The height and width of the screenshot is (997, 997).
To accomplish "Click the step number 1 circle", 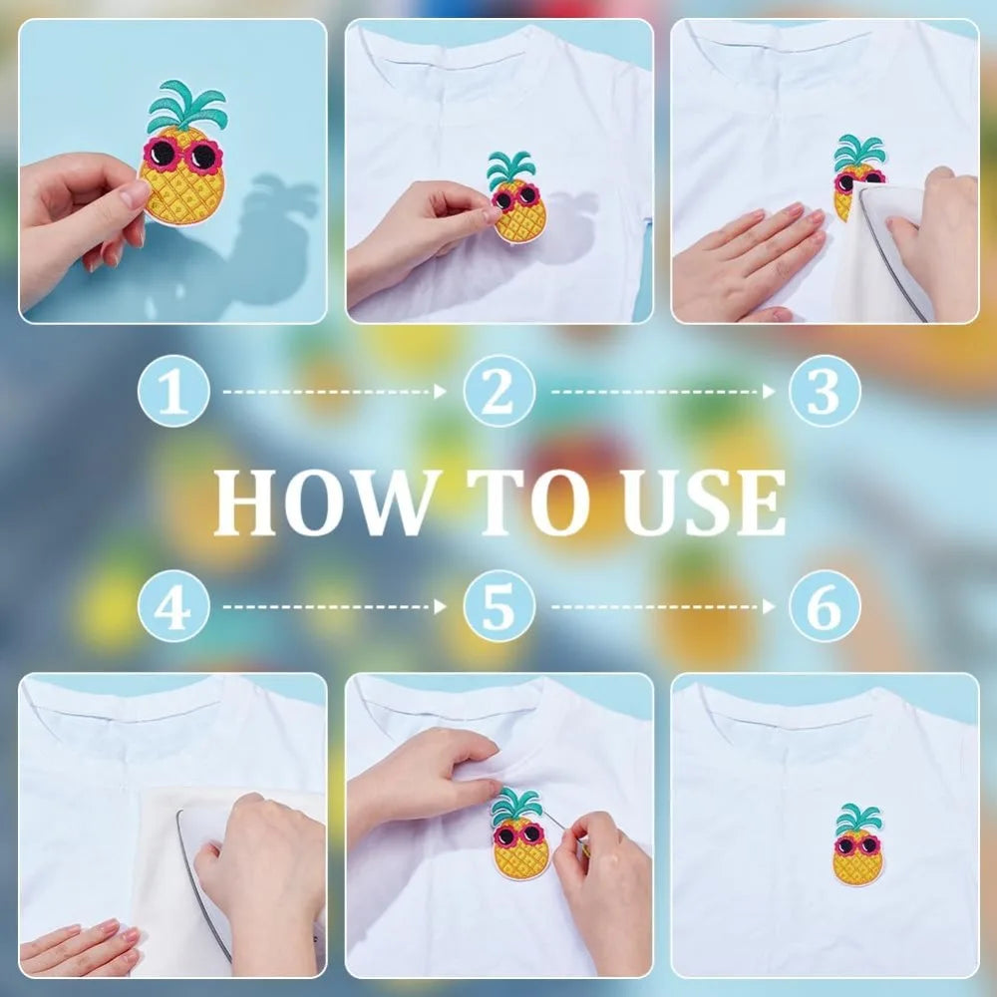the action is click(173, 391).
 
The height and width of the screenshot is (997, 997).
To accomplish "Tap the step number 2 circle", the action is click(499, 391).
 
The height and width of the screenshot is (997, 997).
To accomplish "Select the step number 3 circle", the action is click(825, 391).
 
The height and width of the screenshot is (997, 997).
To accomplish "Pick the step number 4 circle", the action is click(173, 606).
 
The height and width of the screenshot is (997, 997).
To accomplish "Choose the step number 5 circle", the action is click(499, 606).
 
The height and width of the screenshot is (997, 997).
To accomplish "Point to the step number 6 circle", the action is click(825, 606).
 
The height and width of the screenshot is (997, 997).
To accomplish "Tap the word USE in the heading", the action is click(703, 502).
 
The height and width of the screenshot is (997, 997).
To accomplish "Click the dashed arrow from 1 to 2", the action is click(334, 392).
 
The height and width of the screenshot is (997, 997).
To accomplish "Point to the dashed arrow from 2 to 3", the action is click(663, 392).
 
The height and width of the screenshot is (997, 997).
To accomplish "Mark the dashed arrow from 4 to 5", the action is click(334, 606).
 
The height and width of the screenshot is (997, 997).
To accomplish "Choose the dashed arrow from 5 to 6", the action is click(663, 606).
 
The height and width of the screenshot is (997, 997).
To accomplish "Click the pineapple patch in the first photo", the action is click(183, 155).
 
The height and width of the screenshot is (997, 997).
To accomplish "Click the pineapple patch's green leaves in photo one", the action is click(187, 106).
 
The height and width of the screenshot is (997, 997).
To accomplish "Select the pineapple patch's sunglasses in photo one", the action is click(182, 155).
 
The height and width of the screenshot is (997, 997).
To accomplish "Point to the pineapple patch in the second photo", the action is click(516, 197).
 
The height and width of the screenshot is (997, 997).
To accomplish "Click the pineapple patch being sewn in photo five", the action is click(520, 833).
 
